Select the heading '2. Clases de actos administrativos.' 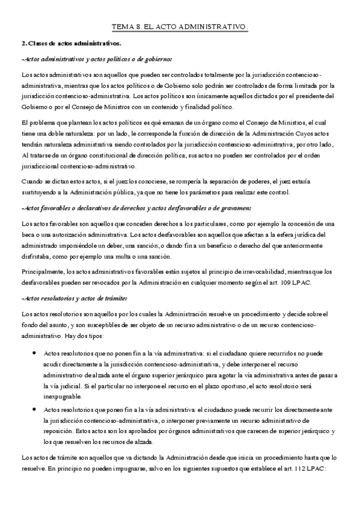click(x=70, y=43)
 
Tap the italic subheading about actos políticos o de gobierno click(x=96, y=59)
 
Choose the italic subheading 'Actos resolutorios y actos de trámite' click(x=74, y=298)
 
